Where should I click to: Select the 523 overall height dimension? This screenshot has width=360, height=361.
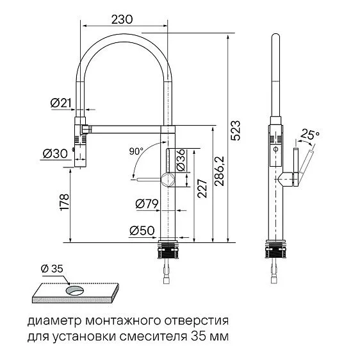236,130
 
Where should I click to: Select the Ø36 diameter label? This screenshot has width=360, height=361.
181,160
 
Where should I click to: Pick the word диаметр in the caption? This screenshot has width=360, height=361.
49,319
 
